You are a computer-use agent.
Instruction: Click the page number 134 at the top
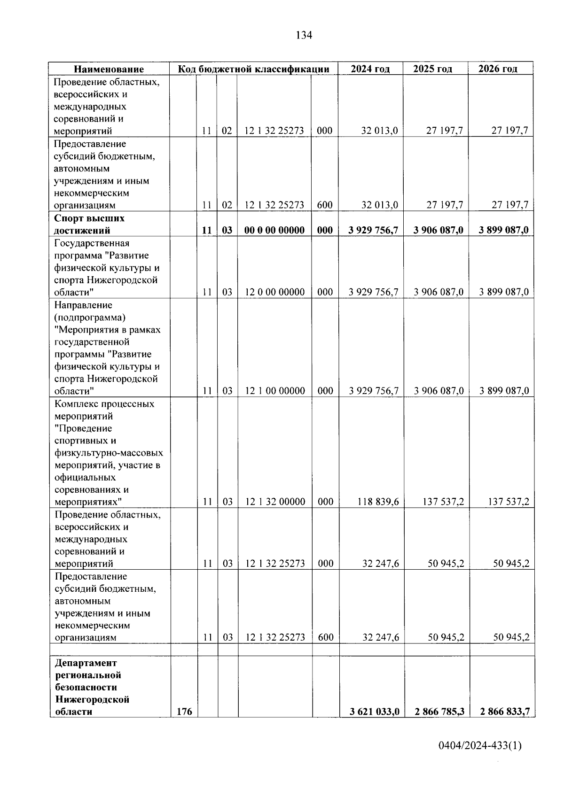pyautogui.click(x=304, y=35)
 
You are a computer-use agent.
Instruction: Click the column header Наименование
pyautogui.click(x=109, y=69)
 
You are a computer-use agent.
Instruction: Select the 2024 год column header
pyautogui.click(x=370, y=69)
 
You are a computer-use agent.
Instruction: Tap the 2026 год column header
pyautogui.click(x=498, y=69)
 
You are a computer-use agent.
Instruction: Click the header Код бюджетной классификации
pyautogui.click(x=253, y=69)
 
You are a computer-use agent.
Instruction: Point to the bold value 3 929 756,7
pyautogui.click(x=373, y=230)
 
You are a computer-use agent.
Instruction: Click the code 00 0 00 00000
pyautogui.click(x=274, y=230)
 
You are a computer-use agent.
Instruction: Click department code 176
pyautogui.click(x=184, y=712)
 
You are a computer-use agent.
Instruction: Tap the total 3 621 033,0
pyautogui.click(x=374, y=712)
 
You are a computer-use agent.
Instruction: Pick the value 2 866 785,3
pyautogui.click(x=439, y=712)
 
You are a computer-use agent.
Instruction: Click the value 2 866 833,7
pyautogui.click(x=505, y=712)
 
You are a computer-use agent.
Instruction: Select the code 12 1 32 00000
pyautogui.click(x=275, y=502)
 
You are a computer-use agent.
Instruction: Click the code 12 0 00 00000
pyautogui.click(x=275, y=292)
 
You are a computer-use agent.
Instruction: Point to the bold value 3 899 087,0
pyautogui.click(x=504, y=230)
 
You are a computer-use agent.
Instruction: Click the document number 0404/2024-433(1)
pyautogui.click(x=480, y=745)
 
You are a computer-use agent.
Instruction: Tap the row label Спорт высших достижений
pyautogui.click(x=89, y=224)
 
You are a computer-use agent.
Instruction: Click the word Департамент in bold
pyautogui.click(x=86, y=663)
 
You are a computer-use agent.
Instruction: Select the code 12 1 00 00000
pyautogui.click(x=275, y=391)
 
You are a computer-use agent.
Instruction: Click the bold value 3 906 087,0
pyautogui.click(x=439, y=230)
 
